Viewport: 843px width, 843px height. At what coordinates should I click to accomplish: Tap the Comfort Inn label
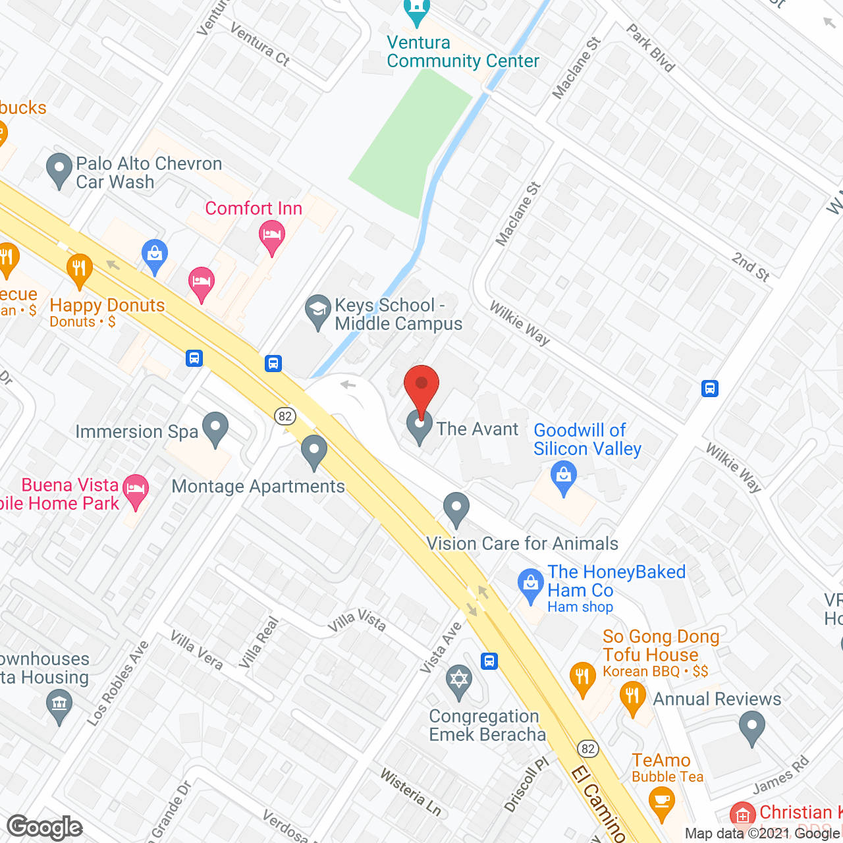coord(254,208)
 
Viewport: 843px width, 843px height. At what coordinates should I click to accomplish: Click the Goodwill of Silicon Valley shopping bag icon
coord(563,476)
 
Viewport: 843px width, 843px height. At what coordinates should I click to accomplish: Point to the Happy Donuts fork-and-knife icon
coord(79,268)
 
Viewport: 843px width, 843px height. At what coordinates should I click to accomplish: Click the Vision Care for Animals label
coord(522,543)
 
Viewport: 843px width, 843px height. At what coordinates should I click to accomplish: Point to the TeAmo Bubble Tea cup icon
coord(661,803)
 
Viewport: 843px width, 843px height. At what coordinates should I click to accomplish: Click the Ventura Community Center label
coord(462,51)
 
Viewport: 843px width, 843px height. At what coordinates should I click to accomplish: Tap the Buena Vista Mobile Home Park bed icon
coord(136,490)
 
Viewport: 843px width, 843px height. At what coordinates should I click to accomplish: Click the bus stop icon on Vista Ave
coord(489,661)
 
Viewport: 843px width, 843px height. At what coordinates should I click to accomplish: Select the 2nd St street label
coord(751,266)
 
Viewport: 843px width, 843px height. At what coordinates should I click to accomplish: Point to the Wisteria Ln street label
coord(410,792)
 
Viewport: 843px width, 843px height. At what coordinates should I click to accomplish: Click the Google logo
coord(45,827)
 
